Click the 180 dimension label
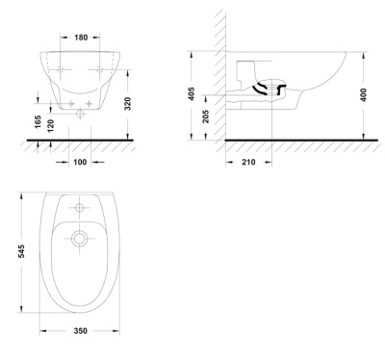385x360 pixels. (81, 38)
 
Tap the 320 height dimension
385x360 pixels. (128, 104)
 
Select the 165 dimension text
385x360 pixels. (38, 122)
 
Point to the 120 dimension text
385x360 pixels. (50, 125)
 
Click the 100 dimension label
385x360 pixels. (80, 162)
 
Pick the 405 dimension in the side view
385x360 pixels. (192, 93)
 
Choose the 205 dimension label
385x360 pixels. (206, 116)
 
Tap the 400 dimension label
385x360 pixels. (363, 95)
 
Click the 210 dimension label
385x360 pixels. (248, 162)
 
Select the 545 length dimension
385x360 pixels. (21, 251)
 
